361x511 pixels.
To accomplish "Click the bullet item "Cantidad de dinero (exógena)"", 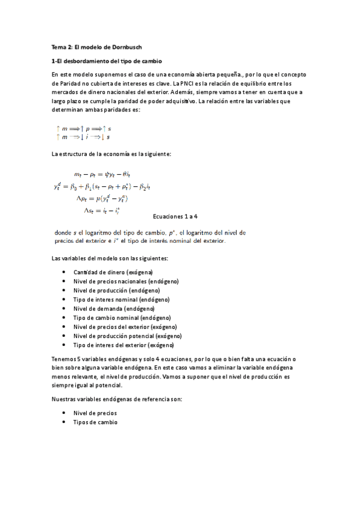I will pyautogui.click(x=113, y=272).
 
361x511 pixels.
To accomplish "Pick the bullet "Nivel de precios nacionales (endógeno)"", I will pyautogui.click(x=126, y=281).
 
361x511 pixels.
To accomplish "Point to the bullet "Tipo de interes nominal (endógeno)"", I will pyautogui.click(x=121, y=299).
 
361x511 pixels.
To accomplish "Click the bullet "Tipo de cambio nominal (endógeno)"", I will pyautogui.click(x=122, y=318).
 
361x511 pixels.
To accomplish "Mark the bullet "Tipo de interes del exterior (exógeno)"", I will pyautogui.click(x=124, y=345).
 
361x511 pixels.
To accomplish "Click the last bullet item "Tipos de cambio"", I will pyautogui.click(x=95, y=422).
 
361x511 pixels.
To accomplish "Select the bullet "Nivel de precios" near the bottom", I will pyautogui.click(x=95, y=413).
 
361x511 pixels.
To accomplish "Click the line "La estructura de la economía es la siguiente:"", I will pyautogui.click(x=112, y=154).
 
